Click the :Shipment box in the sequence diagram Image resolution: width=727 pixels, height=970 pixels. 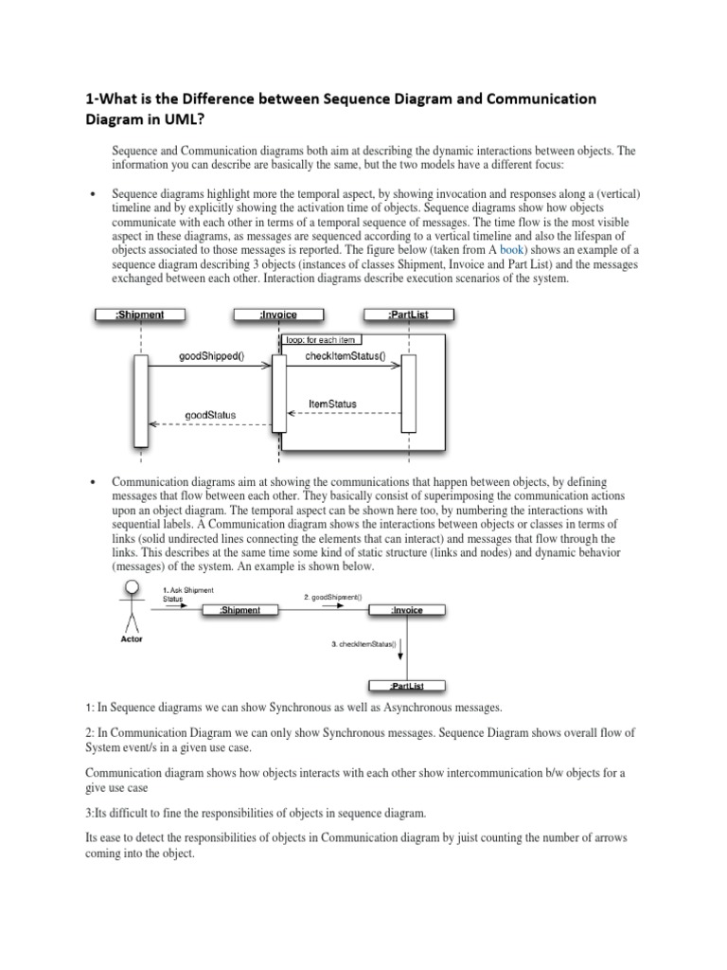[x=140, y=315]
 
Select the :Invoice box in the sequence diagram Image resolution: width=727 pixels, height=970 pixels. [x=278, y=315]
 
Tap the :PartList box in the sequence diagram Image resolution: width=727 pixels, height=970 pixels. [x=408, y=315]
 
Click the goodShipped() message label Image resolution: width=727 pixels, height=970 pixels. [x=210, y=357]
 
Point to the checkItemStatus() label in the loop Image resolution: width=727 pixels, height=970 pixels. [x=344, y=357]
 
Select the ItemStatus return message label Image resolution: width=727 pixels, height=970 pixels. [x=333, y=404]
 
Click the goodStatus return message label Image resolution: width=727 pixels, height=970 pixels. [x=210, y=415]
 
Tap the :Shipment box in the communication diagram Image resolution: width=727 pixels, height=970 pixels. [x=239, y=611]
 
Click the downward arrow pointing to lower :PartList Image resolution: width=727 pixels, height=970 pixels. [x=401, y=650]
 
